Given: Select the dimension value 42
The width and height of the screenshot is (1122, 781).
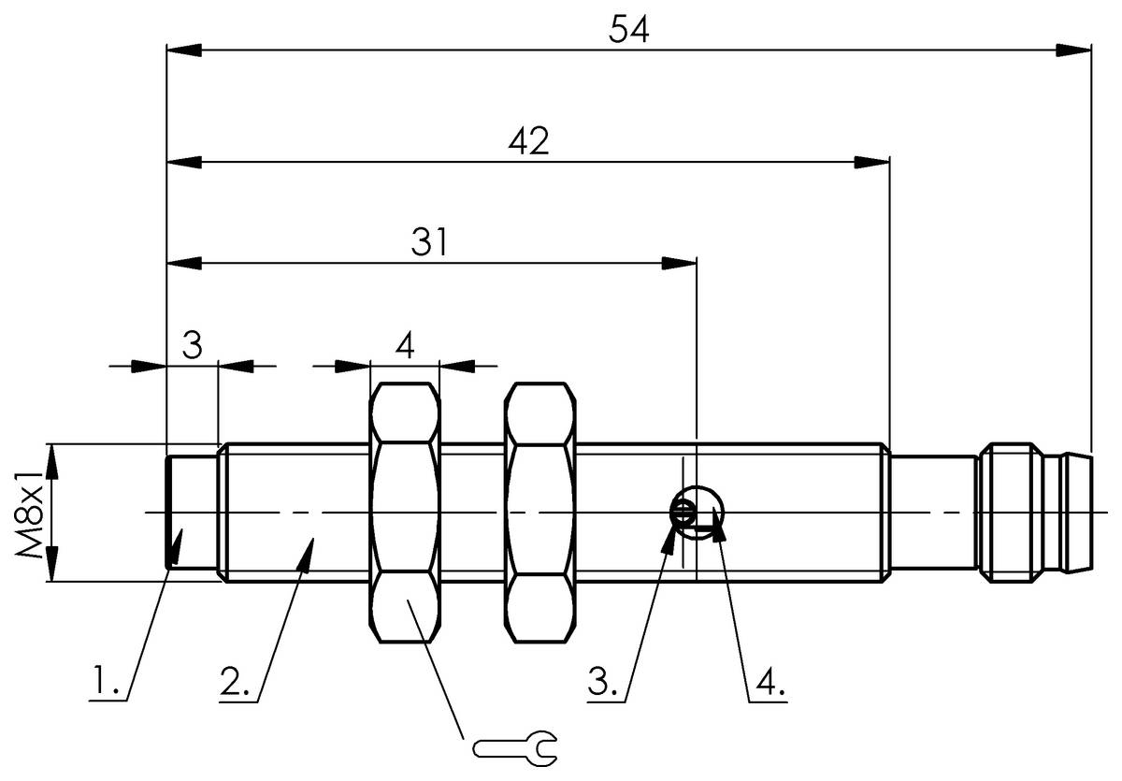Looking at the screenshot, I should [527, 142].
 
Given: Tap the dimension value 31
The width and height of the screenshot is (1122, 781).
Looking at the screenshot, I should [430, 243].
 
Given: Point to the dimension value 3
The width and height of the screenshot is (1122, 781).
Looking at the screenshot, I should [192, 346].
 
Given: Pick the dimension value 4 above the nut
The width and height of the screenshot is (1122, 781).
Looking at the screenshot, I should [404, 346].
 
